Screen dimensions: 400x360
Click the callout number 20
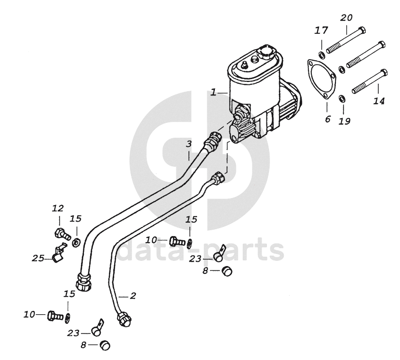click(x=347, y=18)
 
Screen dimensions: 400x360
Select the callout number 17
click(x=321, y=30)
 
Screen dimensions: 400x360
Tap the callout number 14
click(x=379, y=101)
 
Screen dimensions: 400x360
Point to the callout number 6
click(x=328, y=119)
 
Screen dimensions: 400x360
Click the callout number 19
click(x=344, y=121)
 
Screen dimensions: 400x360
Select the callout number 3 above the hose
click(x=189, y=144)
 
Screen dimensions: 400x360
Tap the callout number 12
click(x=58, y=208)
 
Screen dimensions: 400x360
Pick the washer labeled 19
click(x=342, y=99)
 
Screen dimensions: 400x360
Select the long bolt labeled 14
click(x=369, y=81)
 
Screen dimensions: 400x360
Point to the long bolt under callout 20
click(x=345, y=42)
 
